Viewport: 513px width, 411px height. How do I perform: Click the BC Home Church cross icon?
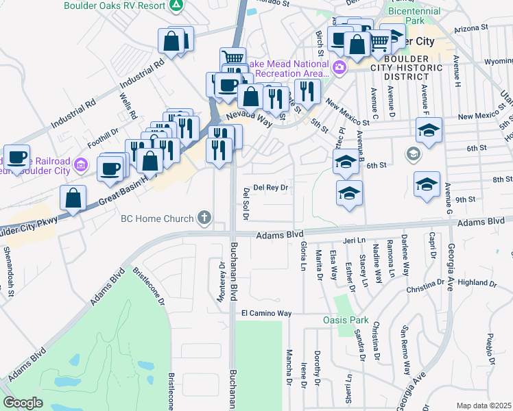(204, 219)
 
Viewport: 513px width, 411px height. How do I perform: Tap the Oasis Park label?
(346, 320)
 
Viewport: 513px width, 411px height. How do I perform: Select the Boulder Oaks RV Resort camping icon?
(176, 5)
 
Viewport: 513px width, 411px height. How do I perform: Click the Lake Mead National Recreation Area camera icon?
(339, 68)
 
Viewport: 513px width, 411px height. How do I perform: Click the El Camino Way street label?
(266, 313)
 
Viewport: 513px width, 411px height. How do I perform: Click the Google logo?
(23, 403)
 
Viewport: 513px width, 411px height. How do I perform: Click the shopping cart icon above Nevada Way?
(232, 59)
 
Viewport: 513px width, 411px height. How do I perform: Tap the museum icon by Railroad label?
(82, 164)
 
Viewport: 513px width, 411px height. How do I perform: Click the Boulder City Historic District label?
(415, 68)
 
